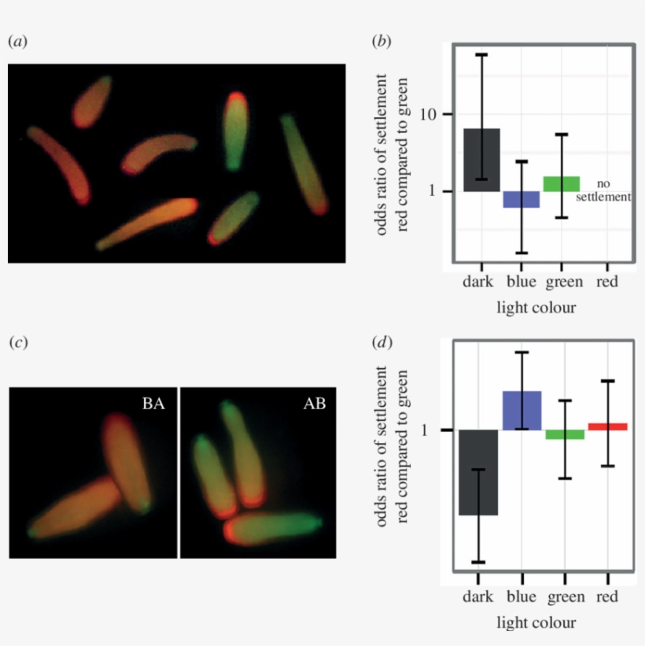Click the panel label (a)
(x=17, y=40)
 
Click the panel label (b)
(x=381, y=40)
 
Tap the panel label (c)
(x=17, y=342)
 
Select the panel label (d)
(x=381, y=342)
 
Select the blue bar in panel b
(x=522, y=199)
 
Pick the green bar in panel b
(x=561, y=183)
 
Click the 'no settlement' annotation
(x=603, y=190)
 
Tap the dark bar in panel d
(x=479, y=472)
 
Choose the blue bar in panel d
(x=522, y=410)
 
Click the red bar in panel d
(x=607, y=426)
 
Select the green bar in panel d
(x=565, y=434)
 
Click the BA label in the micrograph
(x=153, y=404)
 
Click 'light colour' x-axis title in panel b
(x=536, y=307)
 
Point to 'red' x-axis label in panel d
(x=606, y=597)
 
